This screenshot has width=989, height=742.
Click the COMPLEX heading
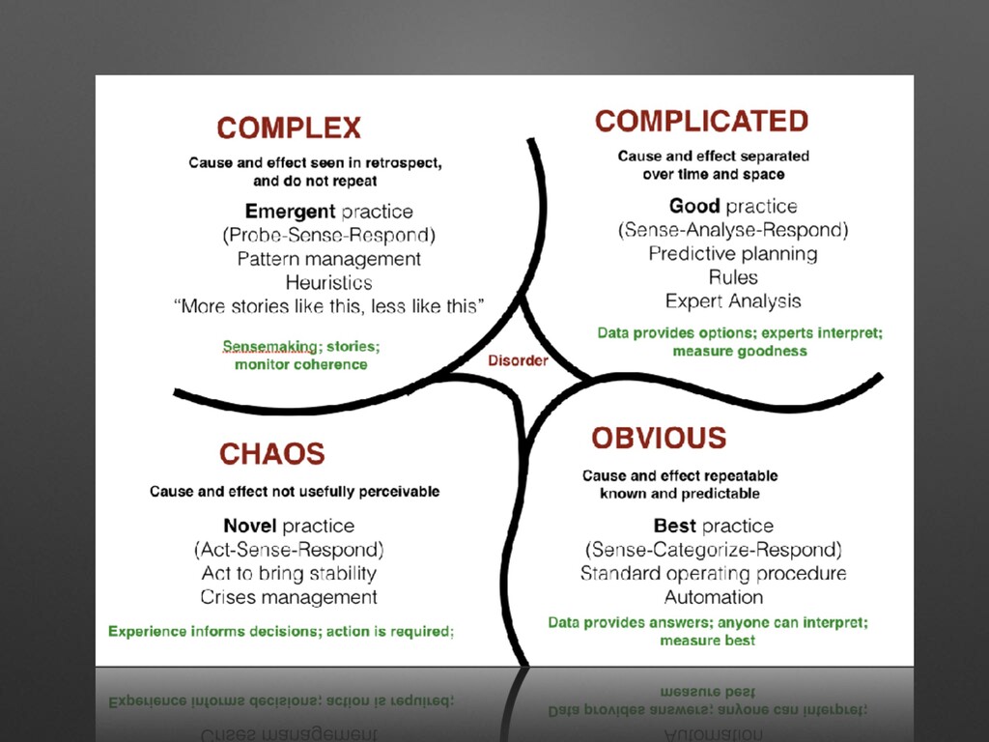289,128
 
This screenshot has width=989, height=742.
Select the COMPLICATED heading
701,122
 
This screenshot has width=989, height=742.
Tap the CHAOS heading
271,454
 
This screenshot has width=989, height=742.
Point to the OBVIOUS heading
659,439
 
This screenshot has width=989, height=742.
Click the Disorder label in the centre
518,361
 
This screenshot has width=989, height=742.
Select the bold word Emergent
290,212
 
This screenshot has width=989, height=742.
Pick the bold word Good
694,207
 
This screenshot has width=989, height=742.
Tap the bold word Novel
250,527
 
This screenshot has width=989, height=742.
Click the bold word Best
674,527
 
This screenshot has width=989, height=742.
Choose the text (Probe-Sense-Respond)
328,235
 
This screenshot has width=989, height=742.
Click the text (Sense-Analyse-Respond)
733,230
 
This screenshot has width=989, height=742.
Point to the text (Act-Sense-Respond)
289,550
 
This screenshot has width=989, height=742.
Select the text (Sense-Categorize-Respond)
714,550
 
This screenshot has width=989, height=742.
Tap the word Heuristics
328,283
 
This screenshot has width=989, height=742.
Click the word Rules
733,277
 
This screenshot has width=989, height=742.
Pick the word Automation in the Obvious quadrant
714,597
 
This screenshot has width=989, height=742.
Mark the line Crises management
289,597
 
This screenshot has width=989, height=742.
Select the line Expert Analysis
733,301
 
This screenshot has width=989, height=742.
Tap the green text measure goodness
740,352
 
